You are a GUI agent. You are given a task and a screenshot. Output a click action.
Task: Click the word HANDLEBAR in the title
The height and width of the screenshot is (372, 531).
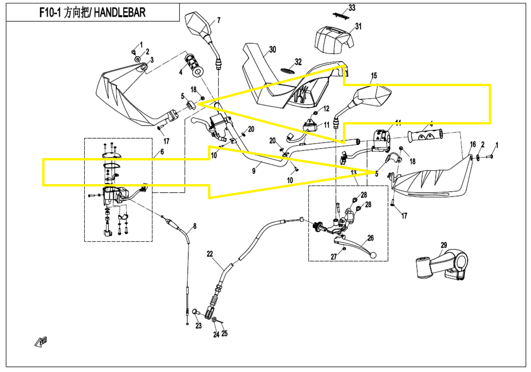coord(119,12)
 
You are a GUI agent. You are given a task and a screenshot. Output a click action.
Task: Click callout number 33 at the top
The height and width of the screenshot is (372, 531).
coord(351,8)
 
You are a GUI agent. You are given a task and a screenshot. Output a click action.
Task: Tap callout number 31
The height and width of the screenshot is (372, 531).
coord(358,27)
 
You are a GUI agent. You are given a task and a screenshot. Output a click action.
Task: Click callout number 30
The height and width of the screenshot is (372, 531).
coord(272,49)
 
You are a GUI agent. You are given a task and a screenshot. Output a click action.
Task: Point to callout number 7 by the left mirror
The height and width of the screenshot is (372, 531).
coord(219,20)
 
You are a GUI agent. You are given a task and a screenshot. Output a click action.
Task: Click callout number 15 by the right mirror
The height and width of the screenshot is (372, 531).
coord(374,76)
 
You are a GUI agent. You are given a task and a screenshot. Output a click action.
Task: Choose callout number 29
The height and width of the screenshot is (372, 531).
coord(443,245)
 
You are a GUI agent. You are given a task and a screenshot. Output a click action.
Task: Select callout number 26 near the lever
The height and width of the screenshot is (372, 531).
coord(370,238)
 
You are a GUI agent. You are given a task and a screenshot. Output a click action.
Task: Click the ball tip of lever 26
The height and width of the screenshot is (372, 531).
coord(373,256)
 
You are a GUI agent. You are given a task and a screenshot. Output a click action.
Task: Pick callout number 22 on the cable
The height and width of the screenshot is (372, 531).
coord(210,254)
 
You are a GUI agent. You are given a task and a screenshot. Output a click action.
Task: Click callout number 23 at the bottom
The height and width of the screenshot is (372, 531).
coord(198,326)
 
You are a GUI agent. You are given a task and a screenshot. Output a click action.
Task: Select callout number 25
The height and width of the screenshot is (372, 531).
coord(225,333)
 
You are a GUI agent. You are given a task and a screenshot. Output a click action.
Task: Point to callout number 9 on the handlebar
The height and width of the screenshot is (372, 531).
coord(254,171)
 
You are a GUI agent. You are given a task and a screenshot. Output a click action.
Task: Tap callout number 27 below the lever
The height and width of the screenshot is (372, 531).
coord(333,256)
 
